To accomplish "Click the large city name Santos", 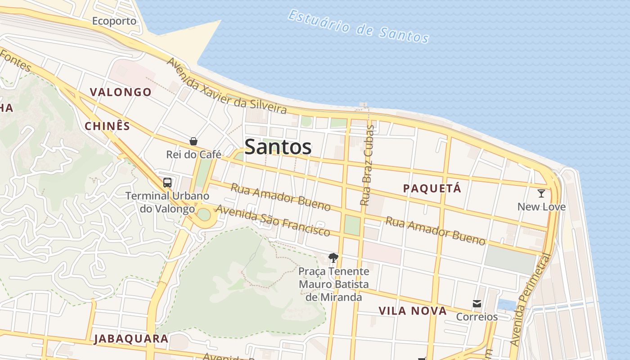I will point(278,147).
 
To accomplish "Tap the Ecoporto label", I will point(114,21).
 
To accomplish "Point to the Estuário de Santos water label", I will point(358,27).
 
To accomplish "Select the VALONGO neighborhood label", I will point(121,92).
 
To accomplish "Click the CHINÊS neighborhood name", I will point(107,126).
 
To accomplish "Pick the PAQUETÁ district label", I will point(432,189).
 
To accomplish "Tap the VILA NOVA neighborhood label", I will point(412,311).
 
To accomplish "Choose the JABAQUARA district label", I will point(131,339).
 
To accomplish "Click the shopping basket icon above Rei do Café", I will point(193,141).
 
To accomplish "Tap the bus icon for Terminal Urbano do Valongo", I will point(167,183).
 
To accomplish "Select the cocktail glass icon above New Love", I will point(541,193).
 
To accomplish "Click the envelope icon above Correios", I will point(477,304).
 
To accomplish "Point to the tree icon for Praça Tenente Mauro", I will point(333,258).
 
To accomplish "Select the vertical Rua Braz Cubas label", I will point(367,166).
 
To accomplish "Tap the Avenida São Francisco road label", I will point(273,220).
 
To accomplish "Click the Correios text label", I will point(477,317).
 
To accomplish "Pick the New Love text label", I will point(541,207).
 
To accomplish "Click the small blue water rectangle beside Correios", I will point(507,305).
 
